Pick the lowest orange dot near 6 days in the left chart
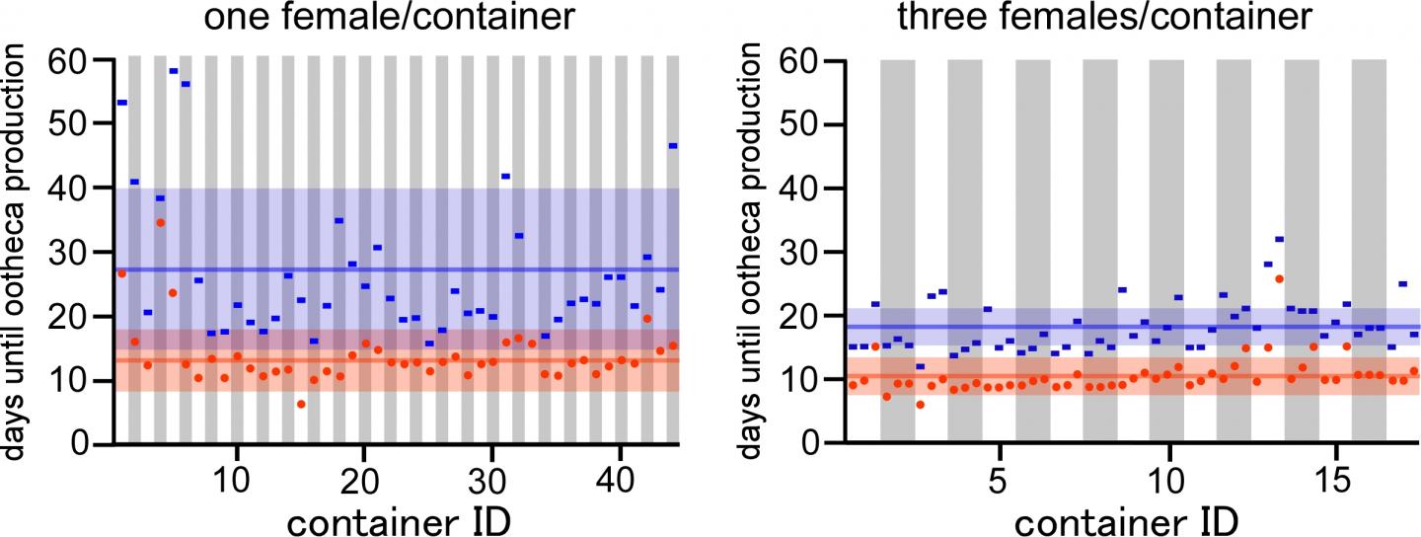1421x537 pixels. click(x=301, y=404)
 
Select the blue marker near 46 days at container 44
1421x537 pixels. click(x=672, y=146)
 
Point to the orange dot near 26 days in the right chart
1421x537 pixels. click(x=1279, y=278)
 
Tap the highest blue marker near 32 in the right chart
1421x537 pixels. click(x=1279, y=239)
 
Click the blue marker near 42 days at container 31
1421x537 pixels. click(x=505, y=176)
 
